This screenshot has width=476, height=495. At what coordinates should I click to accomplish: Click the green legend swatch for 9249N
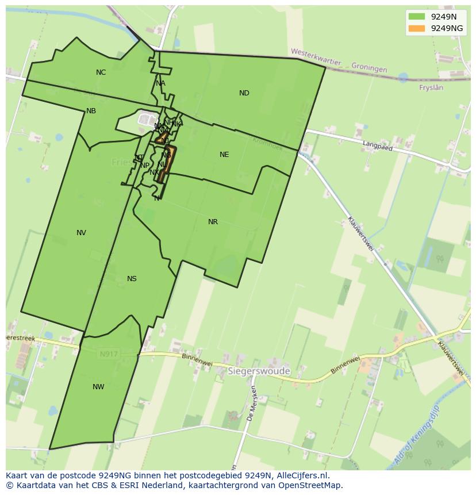[x=417, y=17]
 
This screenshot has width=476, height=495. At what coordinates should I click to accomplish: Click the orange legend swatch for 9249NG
[x=417, y=28]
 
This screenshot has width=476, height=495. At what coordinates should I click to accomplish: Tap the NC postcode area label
[x=101, y=72]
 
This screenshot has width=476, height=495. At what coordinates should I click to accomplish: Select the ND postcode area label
[x=244, y=93]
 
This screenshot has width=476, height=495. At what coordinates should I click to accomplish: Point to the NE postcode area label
[x=224, y=155]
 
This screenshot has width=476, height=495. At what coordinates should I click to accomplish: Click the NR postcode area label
[x=213, y=222]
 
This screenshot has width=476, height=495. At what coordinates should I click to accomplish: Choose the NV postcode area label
[x=81, y=233]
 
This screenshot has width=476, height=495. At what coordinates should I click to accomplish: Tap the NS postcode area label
[x=132, y=279]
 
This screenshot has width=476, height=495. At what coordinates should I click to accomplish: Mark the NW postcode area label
[x=98, y=387]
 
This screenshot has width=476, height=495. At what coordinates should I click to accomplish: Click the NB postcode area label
[x=91, y=111]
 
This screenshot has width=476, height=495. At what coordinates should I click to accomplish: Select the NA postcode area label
[x=160, y=83]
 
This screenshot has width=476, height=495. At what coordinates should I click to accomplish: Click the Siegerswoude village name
[x=259, y=371]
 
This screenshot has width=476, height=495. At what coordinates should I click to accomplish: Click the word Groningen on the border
[x=368, y=68]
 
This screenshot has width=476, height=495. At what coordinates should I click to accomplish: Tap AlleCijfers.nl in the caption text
[x=302, y=475]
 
